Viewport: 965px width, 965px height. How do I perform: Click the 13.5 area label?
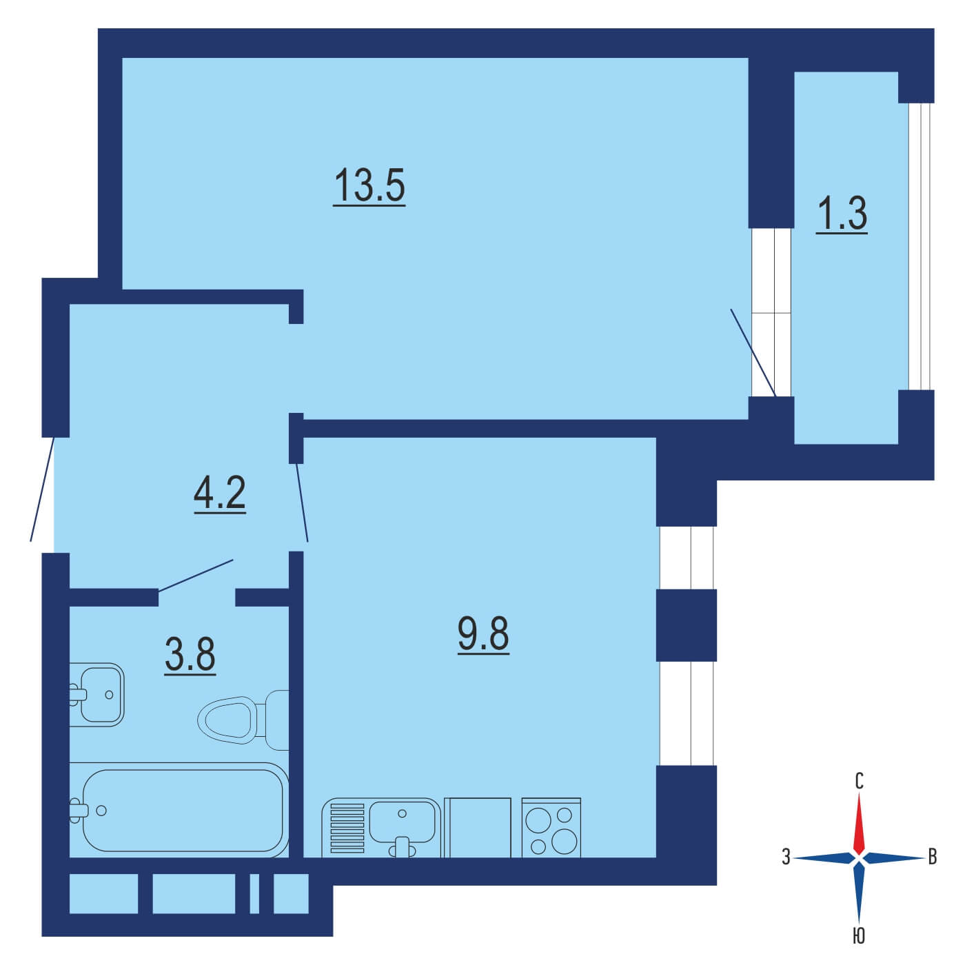[369, 186]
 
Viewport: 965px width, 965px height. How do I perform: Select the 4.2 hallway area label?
[220, 493]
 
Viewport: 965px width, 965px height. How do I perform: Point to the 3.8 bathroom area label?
[190, 655]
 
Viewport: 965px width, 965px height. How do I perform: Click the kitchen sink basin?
[402, 822]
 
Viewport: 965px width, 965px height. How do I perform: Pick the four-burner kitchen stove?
[551, 829]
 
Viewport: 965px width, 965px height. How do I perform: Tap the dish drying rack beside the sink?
[347, 829]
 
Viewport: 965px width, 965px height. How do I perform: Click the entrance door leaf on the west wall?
[42, 489]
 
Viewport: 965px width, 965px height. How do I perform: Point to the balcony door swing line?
[753, 353]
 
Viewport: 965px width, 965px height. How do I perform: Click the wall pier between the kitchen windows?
[686, 625]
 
